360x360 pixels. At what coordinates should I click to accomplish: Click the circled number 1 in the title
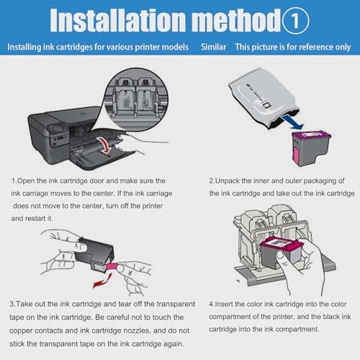pyautogui.click(x=295, y=21)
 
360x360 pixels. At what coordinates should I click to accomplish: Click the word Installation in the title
pyautogui.click(x=118, y=20)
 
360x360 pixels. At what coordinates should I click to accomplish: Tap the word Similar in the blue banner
pyautogui.click(x=214, y=47)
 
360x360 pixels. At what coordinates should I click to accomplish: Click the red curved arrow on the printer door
pyautogui.click(x=104, y=145)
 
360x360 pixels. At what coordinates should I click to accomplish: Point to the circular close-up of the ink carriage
pyautogui.click(x=136, y=99)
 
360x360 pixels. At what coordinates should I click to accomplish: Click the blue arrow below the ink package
pyautogui.click(x=292, y=122)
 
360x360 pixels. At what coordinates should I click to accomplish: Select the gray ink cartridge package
pyautogui.click(x=264, y=99)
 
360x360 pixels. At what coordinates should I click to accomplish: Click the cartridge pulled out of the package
pyautogui.click(x=310, y=148)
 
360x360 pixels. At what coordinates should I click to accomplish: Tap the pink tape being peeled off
pyautogui.click(x=112, y=267)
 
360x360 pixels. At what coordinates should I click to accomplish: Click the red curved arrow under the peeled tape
pyautogui.click(x=102, y=281)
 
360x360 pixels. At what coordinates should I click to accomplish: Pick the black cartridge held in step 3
pyautogui.click(x=94, y=254)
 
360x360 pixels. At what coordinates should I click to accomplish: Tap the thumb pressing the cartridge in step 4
pyautogui.click(x=282, y=257)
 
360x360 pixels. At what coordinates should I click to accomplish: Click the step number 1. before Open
pyautogui.click(x=14, y=181)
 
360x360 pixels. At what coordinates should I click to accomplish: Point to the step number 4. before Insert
pyautogui.click(x=212, y=305)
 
